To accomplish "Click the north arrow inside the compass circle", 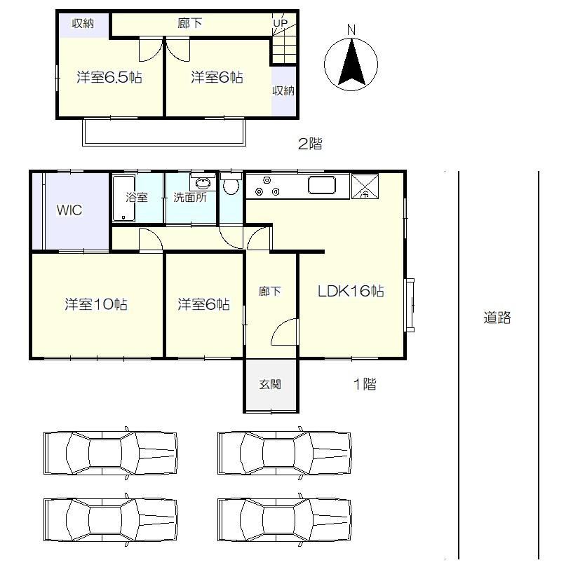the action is click(x=351, y=64).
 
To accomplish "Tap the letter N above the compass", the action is click(x=351, y=30).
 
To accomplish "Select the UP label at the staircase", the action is click(x=281, y=23).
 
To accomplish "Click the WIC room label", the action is click(x=69, y=210).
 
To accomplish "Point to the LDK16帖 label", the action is click(x=351, y=291).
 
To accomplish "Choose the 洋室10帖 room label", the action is click(x=96, y=304).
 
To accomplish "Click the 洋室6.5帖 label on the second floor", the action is click(x=109, y=77).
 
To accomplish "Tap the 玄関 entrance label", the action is click(x=270, y=384).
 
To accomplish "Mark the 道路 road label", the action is click(x=497, y=318).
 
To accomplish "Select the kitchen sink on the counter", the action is click(x=322, y=185).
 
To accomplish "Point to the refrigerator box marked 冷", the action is click(x=365, y=186).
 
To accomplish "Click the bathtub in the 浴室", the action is click(x=124, y=198).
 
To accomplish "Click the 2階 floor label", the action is click(x=310, y=144).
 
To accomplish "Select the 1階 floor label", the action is click(x=365, y=383).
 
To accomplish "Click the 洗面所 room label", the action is click(x=190, y=198).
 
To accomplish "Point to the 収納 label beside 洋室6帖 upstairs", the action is click(x=283, y=90).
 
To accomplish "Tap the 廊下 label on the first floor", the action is click(x=270, y=291).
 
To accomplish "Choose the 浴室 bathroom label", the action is click(x=137, y=198).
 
